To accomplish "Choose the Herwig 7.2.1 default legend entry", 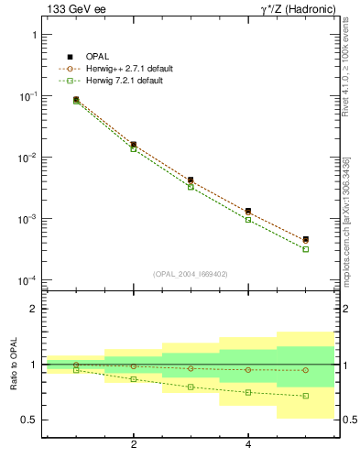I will [124, 81].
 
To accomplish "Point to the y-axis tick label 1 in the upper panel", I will [34, 35].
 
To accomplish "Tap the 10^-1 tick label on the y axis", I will [28, 96].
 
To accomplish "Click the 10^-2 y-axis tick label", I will [28, 158].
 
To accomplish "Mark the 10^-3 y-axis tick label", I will [28, 219].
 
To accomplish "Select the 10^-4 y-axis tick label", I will [28, 280].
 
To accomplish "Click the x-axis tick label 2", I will [134, 446].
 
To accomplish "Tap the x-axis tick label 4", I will [248, 446].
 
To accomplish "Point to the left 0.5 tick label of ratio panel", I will [29, 420].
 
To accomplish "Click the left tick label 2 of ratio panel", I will [34, 309].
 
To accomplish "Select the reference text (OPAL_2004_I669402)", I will [190, 273].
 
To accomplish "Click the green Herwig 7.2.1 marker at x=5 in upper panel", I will [305, 249].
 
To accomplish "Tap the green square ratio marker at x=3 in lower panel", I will [191, 387].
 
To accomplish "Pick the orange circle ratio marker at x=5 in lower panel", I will [305, 370].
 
